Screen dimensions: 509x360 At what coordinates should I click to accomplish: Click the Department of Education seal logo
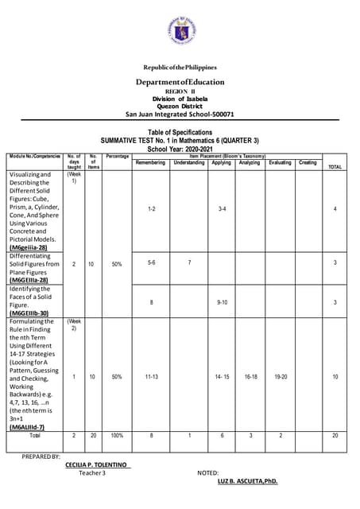click(x=180, y=30)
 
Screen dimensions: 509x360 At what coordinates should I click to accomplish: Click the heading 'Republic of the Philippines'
click(x=180, y=68)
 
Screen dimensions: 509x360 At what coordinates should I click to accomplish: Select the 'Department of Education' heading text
click(x=180, y=82)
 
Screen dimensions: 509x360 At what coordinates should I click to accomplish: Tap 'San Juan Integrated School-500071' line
click(x=180, y=114)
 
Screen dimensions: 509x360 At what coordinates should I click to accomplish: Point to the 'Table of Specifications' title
click(x=180, y=132)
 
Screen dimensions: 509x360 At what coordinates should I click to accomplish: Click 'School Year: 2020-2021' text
click(x=180, y=148)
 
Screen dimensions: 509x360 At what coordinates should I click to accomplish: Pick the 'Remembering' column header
click(x=151, y=163)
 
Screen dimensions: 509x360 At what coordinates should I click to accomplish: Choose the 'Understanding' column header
click(x=188, y=163)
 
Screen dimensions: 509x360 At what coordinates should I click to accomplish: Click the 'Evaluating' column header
click(x=280, y=163)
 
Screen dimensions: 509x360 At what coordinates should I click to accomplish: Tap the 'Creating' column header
click(x=308, y=163)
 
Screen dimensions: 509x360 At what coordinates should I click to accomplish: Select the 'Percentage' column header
click(x=117, y=157)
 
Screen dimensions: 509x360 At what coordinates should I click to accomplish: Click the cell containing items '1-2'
click(x=151, y=208)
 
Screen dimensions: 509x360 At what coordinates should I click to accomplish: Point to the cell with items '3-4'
click(x=222, y=208)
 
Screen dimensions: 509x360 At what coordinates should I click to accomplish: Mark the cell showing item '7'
click(x=189, y=262)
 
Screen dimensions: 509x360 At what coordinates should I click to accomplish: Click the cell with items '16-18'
click(x=250, y=376)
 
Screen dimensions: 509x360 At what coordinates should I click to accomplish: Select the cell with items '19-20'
click(x=280, y=376)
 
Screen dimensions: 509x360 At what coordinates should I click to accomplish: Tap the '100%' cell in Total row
click(x=117, y=436)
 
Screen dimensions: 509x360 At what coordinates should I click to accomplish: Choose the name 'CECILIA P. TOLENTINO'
click(x=99, y=464)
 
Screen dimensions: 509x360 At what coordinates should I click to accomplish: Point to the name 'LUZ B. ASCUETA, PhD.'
click(x=247, y=481)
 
